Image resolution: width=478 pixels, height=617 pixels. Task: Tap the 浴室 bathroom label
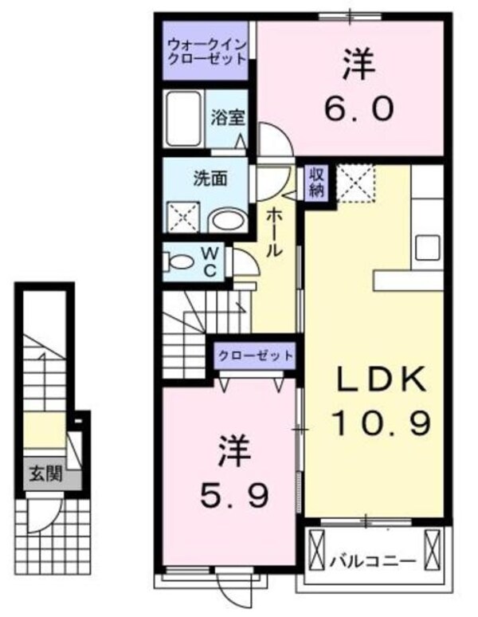click(x=227, y=118)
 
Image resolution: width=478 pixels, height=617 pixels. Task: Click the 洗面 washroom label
click(x=210, y=178)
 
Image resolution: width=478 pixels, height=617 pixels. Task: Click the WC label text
click(x=210, y=260)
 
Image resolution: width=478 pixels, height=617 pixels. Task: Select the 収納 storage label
click(x=315, y=183)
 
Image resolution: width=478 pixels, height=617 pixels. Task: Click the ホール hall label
click(x=273, y=231)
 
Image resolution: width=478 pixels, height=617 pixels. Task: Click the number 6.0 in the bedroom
click(x=358, y=88)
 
